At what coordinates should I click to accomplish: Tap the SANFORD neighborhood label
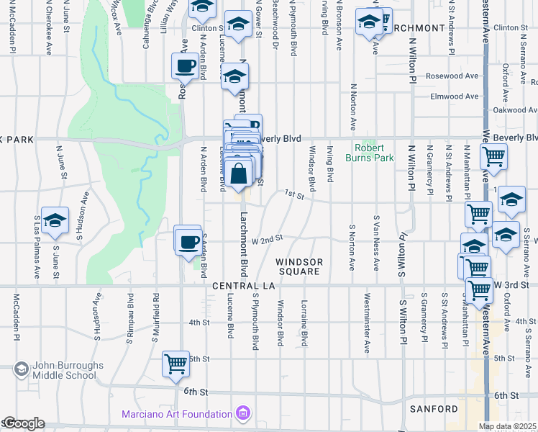[x=434, y=409]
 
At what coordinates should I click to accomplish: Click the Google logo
[x=23, y=424]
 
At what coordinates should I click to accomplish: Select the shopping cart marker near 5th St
[x=175, y=364]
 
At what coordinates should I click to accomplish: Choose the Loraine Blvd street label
[x=304, y=322]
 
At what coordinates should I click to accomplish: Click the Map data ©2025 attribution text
[x=507, y=426]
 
